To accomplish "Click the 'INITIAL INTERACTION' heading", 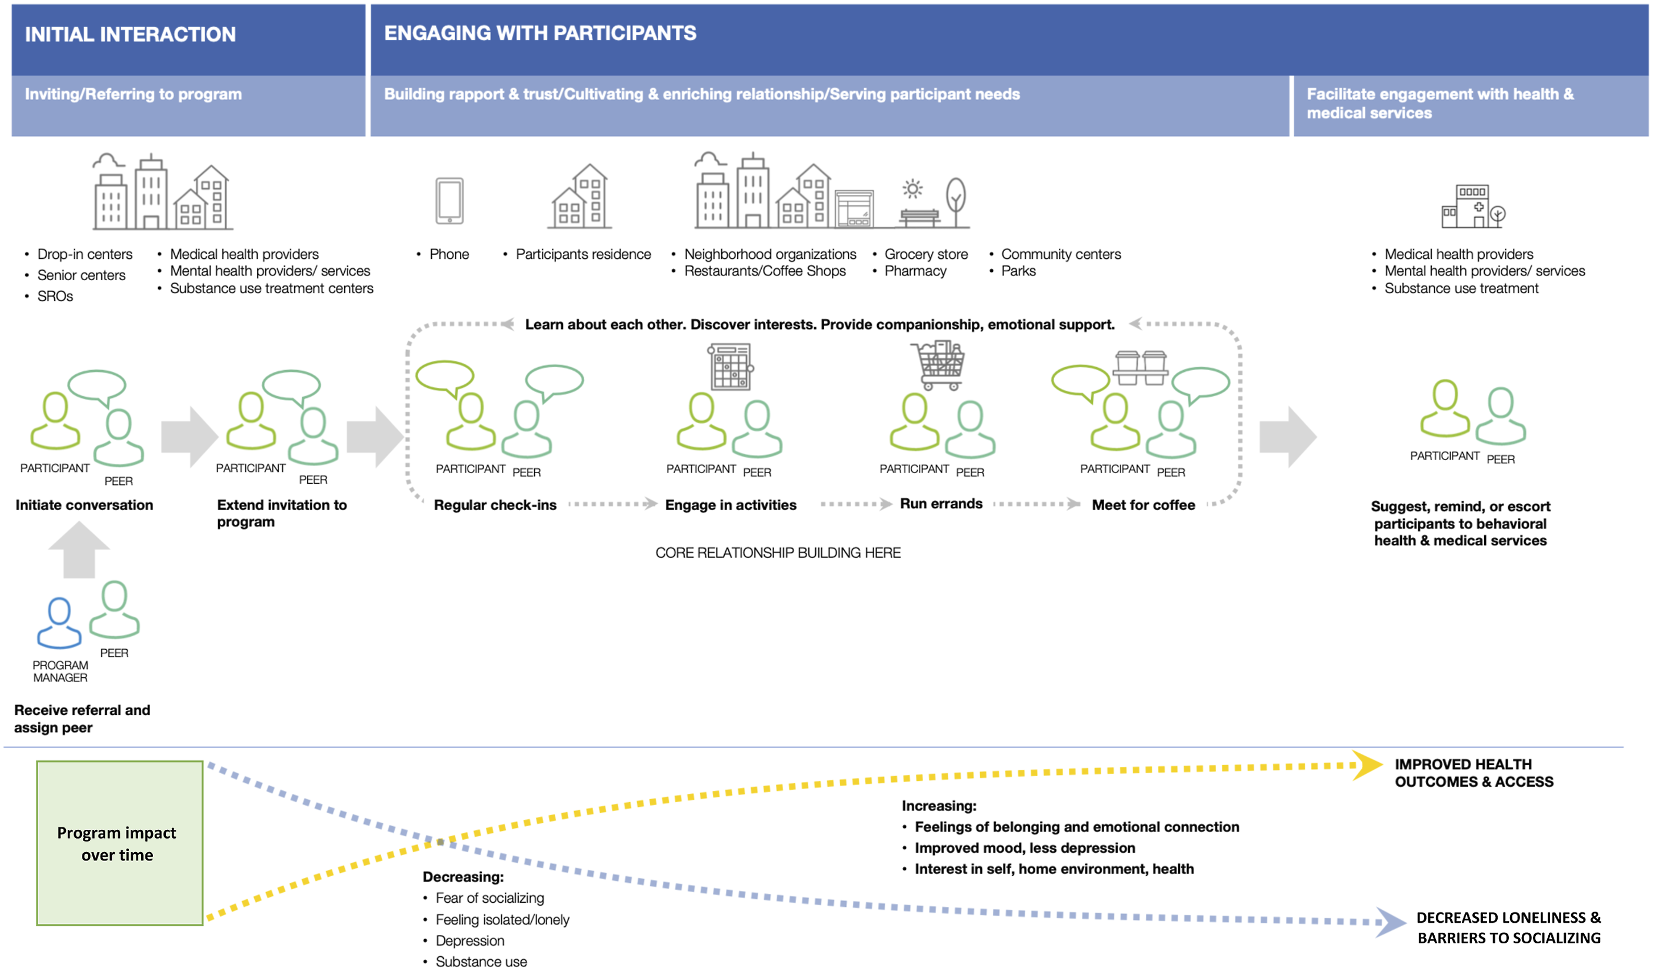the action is pos(130,34).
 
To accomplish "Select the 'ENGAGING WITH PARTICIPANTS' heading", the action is pos(540,33).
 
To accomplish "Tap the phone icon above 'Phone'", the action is pos(449,201).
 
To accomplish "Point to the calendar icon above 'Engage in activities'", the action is pos(730,366).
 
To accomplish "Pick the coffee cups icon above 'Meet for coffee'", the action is pos(1141,367).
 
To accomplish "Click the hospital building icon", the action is pos(1472,206).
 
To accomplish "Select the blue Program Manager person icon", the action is pos(59,623).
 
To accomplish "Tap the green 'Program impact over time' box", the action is pos(119,843).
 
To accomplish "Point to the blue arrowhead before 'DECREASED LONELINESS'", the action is pos(1390,922).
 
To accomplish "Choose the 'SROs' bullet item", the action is pos(55,296).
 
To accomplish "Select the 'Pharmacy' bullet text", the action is pos(915,271).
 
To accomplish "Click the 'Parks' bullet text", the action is pos(1018,271).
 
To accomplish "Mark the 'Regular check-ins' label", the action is pos(495,504).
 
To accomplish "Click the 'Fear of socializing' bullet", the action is pos(489,897).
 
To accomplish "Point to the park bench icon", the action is pos(919,217).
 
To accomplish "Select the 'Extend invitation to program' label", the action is pos(281,513).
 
